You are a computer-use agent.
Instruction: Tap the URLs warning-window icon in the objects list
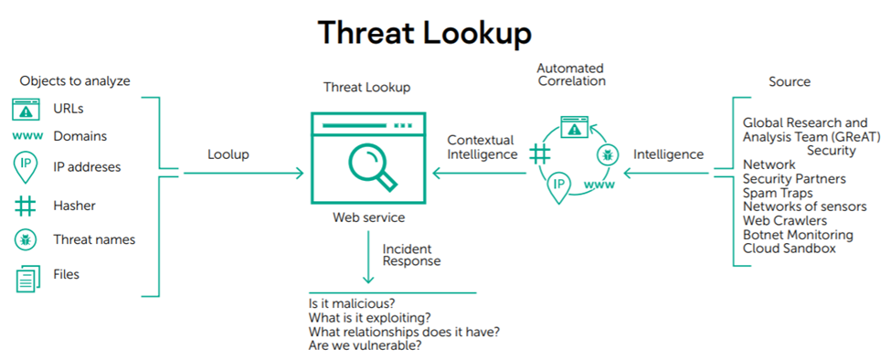click(26, 109)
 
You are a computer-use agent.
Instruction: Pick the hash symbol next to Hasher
click(26, 206)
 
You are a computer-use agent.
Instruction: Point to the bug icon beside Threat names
click(26, 239)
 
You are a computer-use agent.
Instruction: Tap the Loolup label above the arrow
click(228, 154)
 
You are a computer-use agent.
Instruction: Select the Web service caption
click(369, 217)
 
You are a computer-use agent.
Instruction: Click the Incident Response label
click(411, 255)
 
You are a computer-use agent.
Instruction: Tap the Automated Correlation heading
click(571, 74)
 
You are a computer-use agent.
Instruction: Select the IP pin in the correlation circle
click(558, 186)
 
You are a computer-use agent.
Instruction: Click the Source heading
click(790, 81)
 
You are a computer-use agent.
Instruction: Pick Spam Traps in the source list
click(778, 193)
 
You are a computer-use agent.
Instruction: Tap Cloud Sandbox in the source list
click(790, 249)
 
